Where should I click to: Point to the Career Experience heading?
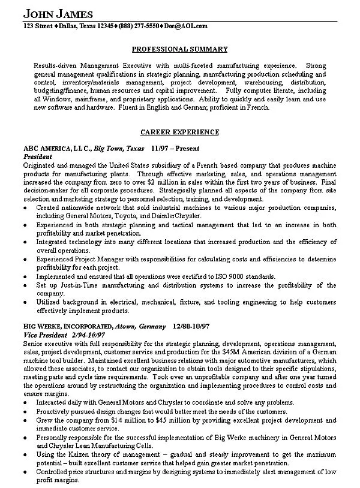pyautogui.click(x=179, y=131)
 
